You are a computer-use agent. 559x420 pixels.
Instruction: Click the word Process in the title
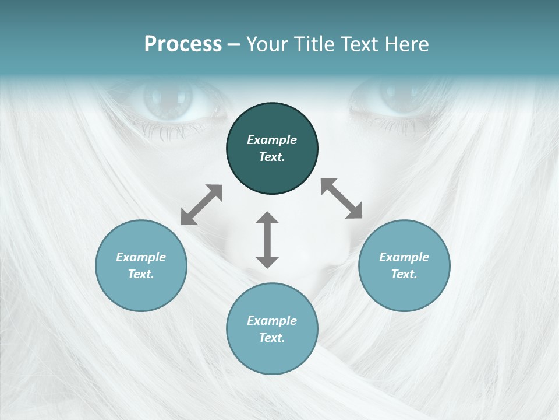183,44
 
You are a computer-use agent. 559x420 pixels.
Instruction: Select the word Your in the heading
268,44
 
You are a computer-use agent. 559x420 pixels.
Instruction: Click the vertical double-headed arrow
267,240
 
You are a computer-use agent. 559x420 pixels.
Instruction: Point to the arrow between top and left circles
201,205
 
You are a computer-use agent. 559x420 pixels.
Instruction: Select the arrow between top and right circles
341,198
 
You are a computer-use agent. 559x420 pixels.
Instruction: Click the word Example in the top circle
272,140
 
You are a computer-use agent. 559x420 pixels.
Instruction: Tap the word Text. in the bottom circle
272,338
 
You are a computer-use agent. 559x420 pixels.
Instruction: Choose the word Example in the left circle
141,257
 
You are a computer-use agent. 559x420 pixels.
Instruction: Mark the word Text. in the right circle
404,274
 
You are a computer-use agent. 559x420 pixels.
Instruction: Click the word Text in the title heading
356,44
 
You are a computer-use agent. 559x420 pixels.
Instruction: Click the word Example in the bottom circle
272,321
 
